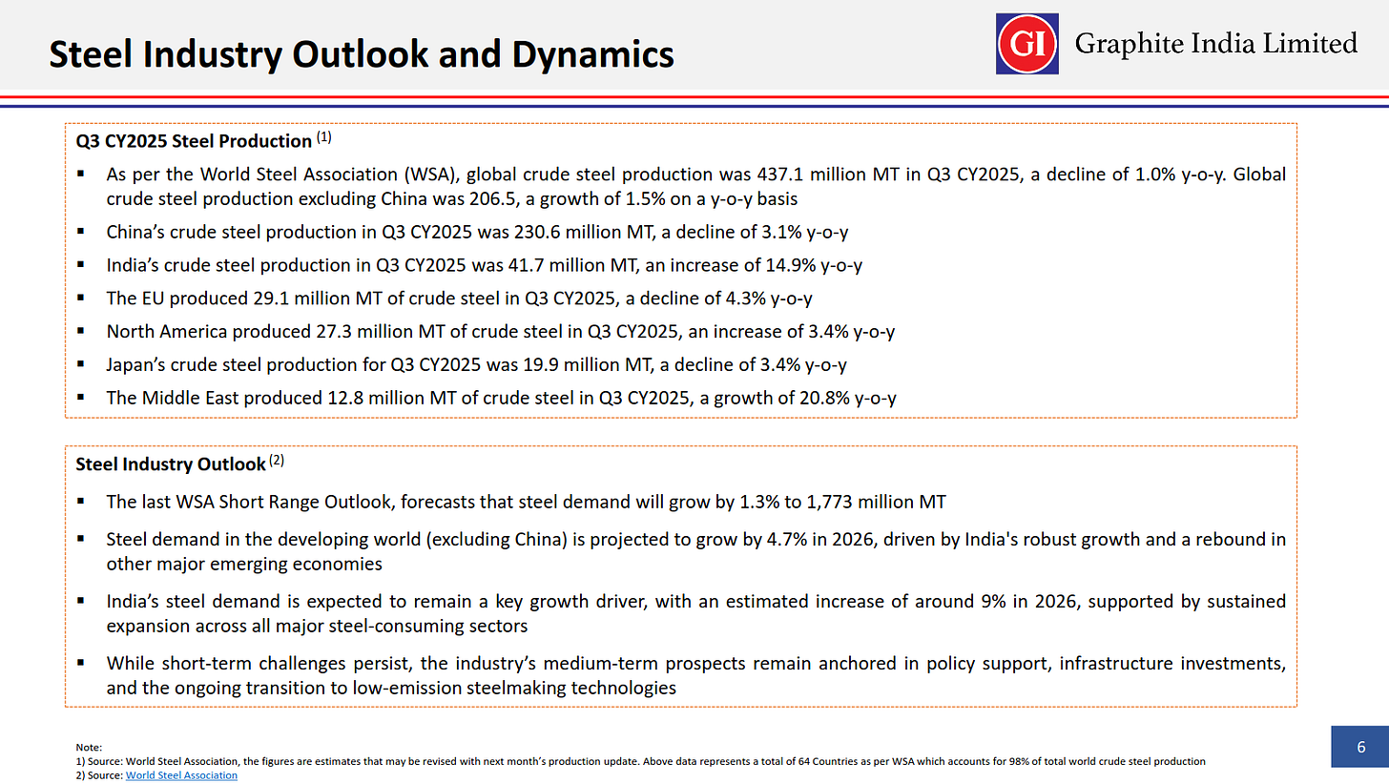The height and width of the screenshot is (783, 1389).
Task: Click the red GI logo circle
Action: [1026, 43]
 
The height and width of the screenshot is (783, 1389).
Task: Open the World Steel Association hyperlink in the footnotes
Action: [181, 775]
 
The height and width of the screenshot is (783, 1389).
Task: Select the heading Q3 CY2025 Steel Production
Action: [194, 141]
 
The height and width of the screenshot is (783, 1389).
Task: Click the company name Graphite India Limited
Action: [1215, 43]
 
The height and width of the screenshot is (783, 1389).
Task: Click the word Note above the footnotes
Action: [88, 748]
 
